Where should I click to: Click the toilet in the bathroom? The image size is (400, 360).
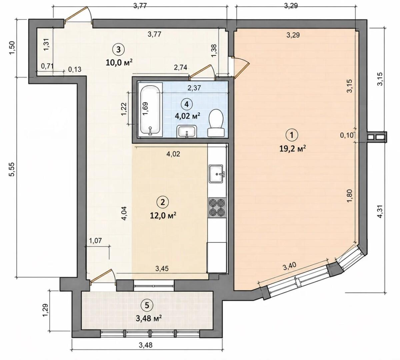click(216, 123)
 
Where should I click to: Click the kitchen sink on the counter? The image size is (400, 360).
click(216, 173)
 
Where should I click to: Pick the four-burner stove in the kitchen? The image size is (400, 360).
click(217, 208)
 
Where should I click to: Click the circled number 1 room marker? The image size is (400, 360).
click(292, 135)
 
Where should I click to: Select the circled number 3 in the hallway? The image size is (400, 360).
click(118, 49)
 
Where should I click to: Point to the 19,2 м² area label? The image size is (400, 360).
click(293, 149)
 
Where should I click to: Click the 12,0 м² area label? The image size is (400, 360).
click(163, 215)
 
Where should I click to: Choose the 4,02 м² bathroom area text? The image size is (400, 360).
click(187, 116)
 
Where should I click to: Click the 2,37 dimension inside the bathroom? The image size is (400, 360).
click(194, 88)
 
